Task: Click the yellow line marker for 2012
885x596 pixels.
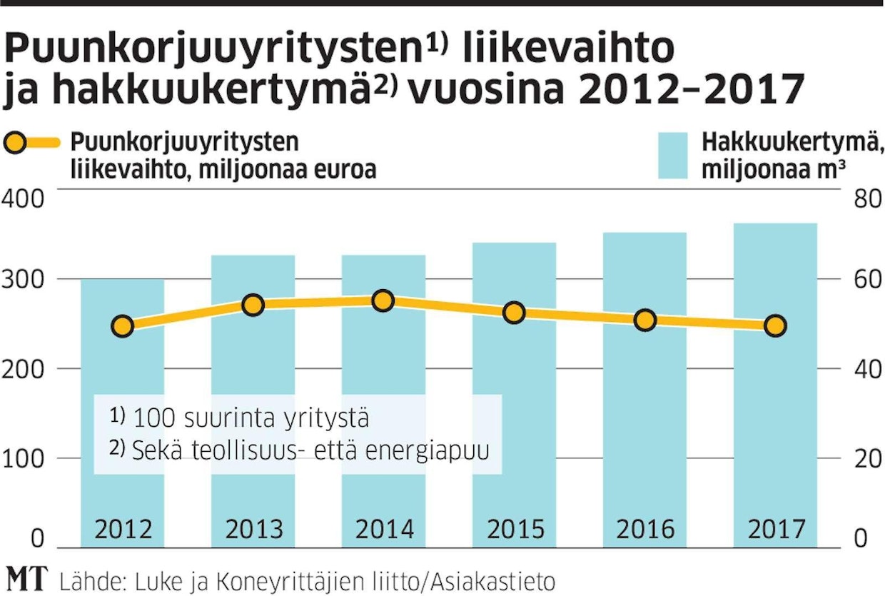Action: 123,326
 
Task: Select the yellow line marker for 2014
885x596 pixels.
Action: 383,300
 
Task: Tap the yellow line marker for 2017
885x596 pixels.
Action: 775,326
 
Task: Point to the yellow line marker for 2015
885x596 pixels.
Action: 515,313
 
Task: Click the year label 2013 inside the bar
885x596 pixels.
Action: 254,530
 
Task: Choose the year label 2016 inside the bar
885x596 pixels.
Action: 645,530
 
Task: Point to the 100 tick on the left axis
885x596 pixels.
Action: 23,458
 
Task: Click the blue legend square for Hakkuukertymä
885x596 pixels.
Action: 672,155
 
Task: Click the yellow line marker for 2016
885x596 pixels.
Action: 645,320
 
